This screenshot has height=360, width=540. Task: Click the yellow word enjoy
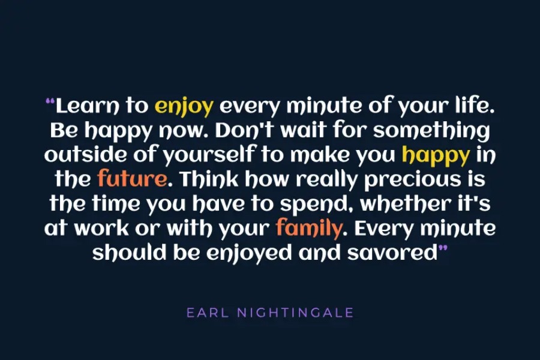(x=184, y=106)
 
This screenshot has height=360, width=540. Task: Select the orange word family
(x=309, y=229)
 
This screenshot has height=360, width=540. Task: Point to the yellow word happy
(x=436, y=156)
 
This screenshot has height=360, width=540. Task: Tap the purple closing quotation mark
(x=443, y=248)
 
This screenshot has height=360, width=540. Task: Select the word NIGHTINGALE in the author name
(x=295, y=313)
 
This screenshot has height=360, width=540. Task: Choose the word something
(x=431, y=131)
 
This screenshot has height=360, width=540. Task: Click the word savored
(x=392, y=253)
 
